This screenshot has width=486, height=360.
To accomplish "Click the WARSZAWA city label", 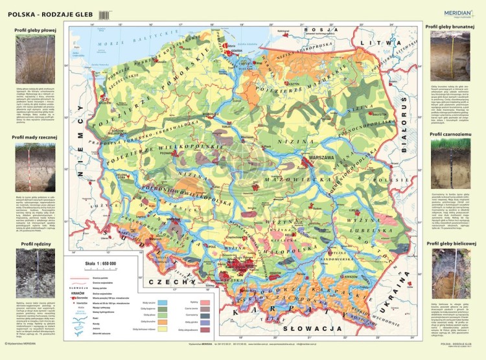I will (311, 157).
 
